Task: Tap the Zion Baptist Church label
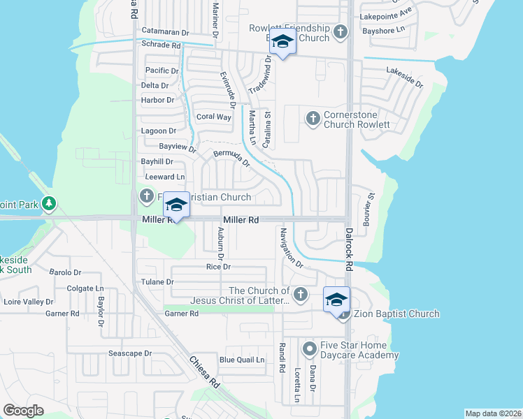[x=396, y=314]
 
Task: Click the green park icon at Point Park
[x=48, y=203]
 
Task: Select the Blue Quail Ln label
[x=242, y=360]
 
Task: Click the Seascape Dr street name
[x=130, y=353]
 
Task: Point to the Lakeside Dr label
[x=404, y=77]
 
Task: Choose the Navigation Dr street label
[x=291, y=248]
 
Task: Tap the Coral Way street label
[x=213, y=117]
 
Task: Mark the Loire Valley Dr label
[x=29, y=302]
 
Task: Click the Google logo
[x=23, y=410]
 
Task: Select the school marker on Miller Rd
[x=177, y=205]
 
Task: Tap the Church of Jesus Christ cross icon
[x=301, y=294]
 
